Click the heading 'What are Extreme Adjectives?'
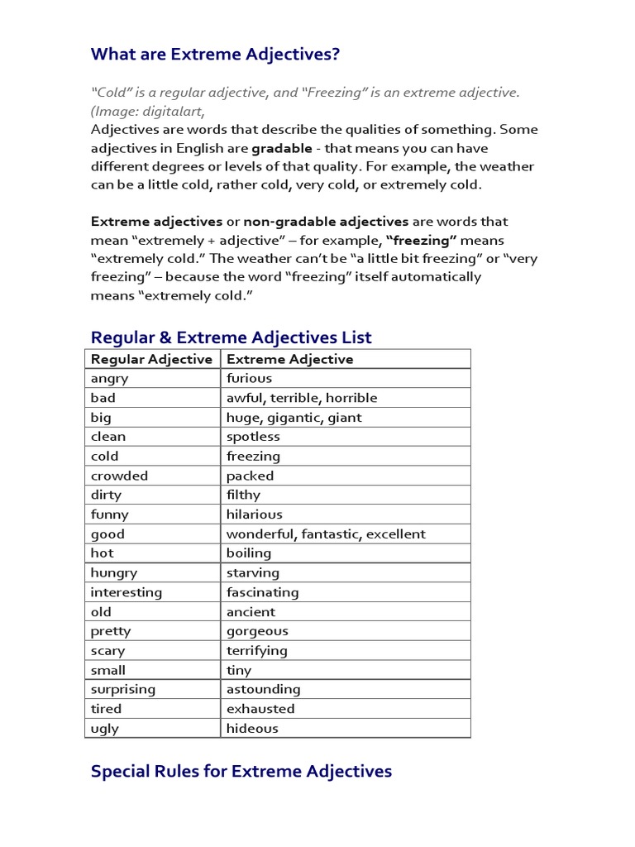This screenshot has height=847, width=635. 215,55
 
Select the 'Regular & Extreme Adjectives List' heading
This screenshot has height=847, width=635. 231,337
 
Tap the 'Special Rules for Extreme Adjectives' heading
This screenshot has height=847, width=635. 241,772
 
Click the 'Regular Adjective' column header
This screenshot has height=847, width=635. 151,359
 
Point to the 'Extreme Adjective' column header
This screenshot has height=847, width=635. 289,359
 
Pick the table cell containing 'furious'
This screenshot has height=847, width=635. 249,379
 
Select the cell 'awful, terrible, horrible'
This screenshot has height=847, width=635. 302,398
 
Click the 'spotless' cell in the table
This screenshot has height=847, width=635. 253,437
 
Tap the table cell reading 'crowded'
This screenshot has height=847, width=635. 119,476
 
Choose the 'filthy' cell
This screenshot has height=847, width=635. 243,495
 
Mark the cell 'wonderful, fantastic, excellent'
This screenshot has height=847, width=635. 326,534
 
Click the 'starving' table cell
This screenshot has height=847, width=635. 253,573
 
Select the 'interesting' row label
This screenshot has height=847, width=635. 127,592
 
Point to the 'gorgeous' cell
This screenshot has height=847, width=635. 257,631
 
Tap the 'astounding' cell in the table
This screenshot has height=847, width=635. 263,689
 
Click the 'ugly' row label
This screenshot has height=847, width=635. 105,729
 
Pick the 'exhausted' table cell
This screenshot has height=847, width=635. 260,709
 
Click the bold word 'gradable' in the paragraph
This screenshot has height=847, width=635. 282,149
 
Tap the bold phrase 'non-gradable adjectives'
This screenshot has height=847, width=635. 326,222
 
